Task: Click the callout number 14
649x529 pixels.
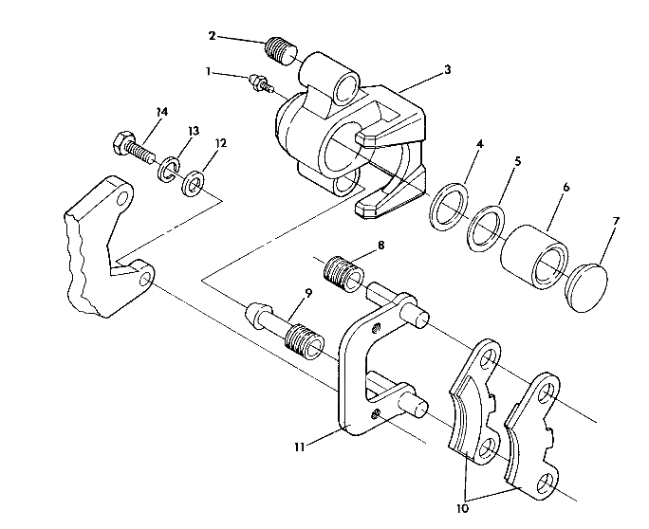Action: [x=162, y=112]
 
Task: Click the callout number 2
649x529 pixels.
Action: [x=212, y=35]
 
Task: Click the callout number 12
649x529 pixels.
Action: [x=221, y=143]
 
